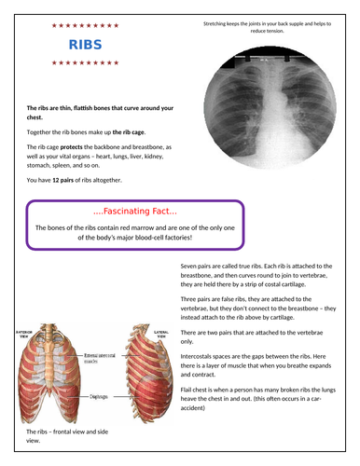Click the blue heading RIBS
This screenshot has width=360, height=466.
(85, 44)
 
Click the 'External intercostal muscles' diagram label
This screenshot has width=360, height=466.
(101, 357)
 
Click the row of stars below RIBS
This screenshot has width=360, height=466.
(85, 62)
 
